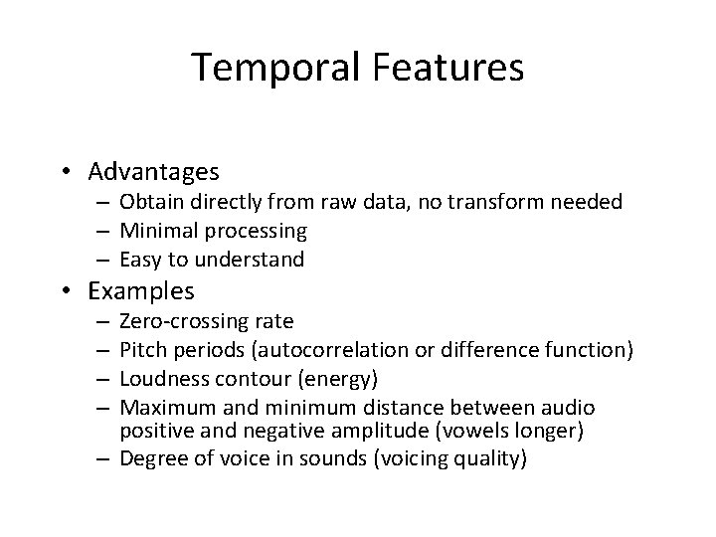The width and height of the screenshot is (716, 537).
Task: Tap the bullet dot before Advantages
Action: click(x=73, y=173)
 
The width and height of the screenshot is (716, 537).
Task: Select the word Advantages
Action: click(x=153, y=173)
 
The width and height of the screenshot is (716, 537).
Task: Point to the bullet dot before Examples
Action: click(x=73, y=291)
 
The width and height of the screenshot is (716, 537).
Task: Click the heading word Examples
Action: click(x=141, y=291)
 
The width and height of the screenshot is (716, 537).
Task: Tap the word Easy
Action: click(x=139, y=260)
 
